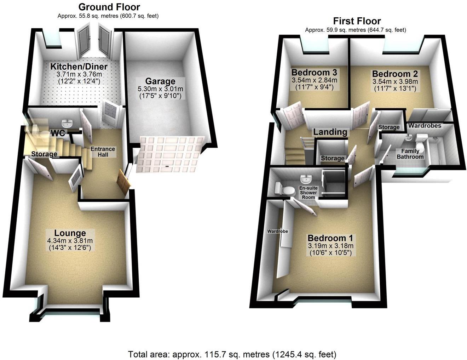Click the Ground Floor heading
click(x=109, y=7)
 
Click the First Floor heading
click(x=357, y=21)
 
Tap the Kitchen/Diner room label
click(x=79, y=66)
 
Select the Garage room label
click(x=160, y=81)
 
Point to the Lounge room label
click(x=70, y=233)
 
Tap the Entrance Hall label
click(x=103, y=152)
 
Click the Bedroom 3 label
click(x=314, y=73)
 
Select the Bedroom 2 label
click(x=395, y=74)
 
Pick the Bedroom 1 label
click(x=330, y=238)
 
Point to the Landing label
click(x=330, y=132)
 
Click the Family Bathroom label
click(x=410, y=154)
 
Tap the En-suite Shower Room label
click(x=309, y=193)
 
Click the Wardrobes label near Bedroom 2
click(x=425, y=126)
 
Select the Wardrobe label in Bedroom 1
click(x=277, y=231)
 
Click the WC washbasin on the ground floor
click(x=66, y=123)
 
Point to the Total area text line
click(x=232, y=354)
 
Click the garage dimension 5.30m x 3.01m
click(x=160, y=89)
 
